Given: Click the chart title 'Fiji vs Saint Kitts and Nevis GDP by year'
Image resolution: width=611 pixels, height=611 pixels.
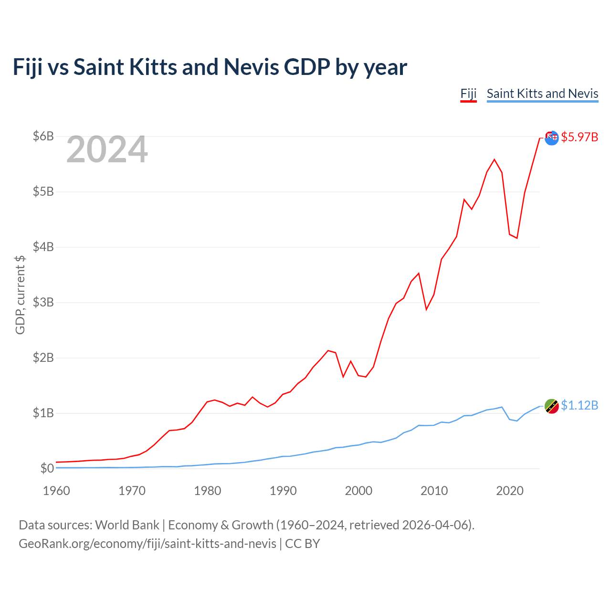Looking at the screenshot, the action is [x=210, y=67].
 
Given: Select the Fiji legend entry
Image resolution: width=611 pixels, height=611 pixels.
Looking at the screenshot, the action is [x=468, y=94].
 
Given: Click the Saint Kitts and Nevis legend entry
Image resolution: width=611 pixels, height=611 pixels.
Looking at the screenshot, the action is [x=542, y=94].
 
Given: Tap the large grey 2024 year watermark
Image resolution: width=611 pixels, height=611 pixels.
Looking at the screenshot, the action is [x=107, y=149].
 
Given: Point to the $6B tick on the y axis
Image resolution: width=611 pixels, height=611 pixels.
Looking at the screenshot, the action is [x=43, y=136].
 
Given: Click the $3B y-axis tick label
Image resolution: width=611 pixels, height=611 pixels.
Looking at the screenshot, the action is [x=43, y=302].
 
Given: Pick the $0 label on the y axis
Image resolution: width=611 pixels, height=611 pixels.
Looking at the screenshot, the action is [x=47, y=468].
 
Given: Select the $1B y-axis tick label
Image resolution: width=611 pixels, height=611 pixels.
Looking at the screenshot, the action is [x=43, y=413].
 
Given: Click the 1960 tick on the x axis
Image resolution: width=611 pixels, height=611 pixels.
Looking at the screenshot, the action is [x=56, y=491].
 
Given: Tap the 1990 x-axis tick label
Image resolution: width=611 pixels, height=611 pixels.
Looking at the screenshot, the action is [x=283, y=491].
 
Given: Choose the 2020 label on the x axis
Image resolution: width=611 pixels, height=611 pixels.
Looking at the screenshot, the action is [x=509, y=491].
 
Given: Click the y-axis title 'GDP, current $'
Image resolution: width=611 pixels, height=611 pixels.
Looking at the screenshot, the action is [x=20, y=295].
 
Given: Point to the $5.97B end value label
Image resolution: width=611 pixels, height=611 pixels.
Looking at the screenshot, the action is [x=579, y=137].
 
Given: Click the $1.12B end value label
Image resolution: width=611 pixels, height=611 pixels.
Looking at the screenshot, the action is [x=579, y=405].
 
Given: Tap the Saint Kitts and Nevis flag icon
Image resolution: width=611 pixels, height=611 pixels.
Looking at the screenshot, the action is [x=551, y=406].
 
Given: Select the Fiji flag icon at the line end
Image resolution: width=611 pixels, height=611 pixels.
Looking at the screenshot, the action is [x=551, y=138].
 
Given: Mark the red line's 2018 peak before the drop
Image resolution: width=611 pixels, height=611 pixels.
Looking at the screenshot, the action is [x=495, y=159].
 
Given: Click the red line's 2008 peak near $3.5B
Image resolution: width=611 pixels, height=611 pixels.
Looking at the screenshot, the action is [x=419, y=274].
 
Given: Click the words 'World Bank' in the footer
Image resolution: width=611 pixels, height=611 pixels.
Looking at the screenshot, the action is [x=127, y=525].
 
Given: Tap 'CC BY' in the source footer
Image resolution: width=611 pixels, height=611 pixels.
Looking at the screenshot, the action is [x=303, y=544].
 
